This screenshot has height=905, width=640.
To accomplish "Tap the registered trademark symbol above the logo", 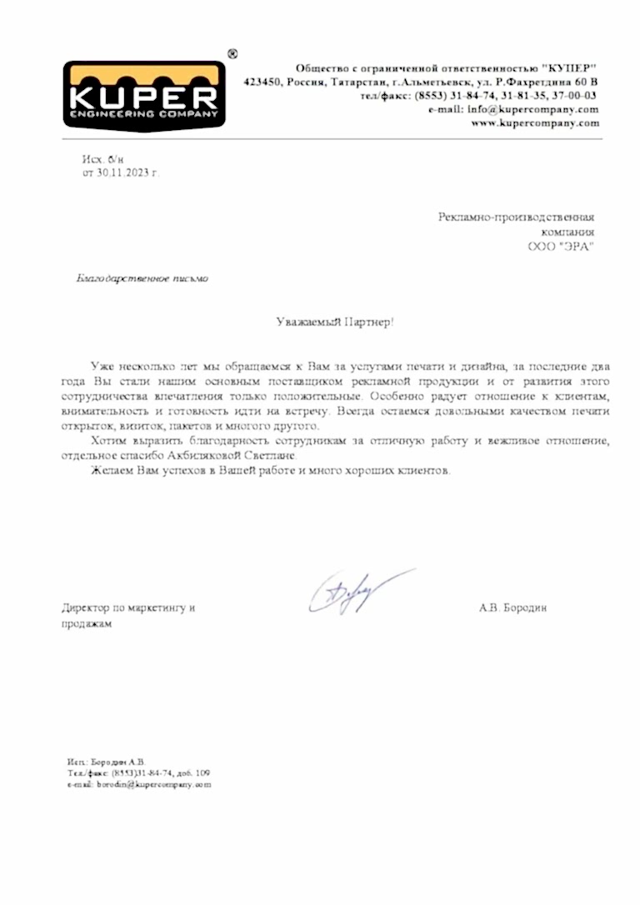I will [232, 53].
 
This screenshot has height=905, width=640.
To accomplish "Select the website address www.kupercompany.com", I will [535, 123].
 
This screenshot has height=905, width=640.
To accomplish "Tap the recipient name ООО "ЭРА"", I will [562, 247].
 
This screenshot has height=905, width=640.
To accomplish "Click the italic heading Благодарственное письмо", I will [142, 279].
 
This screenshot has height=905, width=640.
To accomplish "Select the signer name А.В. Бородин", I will [513, 608].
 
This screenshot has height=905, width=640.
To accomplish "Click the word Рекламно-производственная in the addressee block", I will [517, 217].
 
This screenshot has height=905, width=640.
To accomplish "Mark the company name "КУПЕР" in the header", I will [569, 67].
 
